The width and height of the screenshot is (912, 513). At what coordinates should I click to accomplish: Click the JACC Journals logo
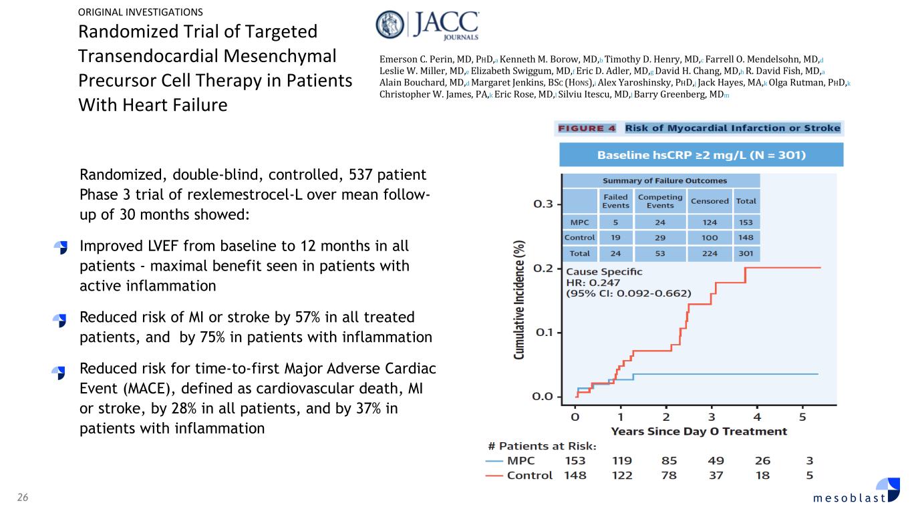pos(428,27)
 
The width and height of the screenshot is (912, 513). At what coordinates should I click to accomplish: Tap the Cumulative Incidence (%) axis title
pos(519,301)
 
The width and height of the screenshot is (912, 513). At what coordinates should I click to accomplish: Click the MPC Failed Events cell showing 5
pos(615,221)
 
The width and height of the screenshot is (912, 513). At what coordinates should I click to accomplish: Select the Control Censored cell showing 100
pos(710,238)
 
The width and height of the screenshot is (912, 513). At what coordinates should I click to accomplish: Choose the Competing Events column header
pos(660,201)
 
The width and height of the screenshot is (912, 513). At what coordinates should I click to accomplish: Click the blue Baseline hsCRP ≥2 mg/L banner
pos(701,156)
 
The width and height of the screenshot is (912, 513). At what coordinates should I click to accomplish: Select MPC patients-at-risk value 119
pos(622,460)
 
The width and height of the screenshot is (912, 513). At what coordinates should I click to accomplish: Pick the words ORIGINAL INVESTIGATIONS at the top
pos(140,11)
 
